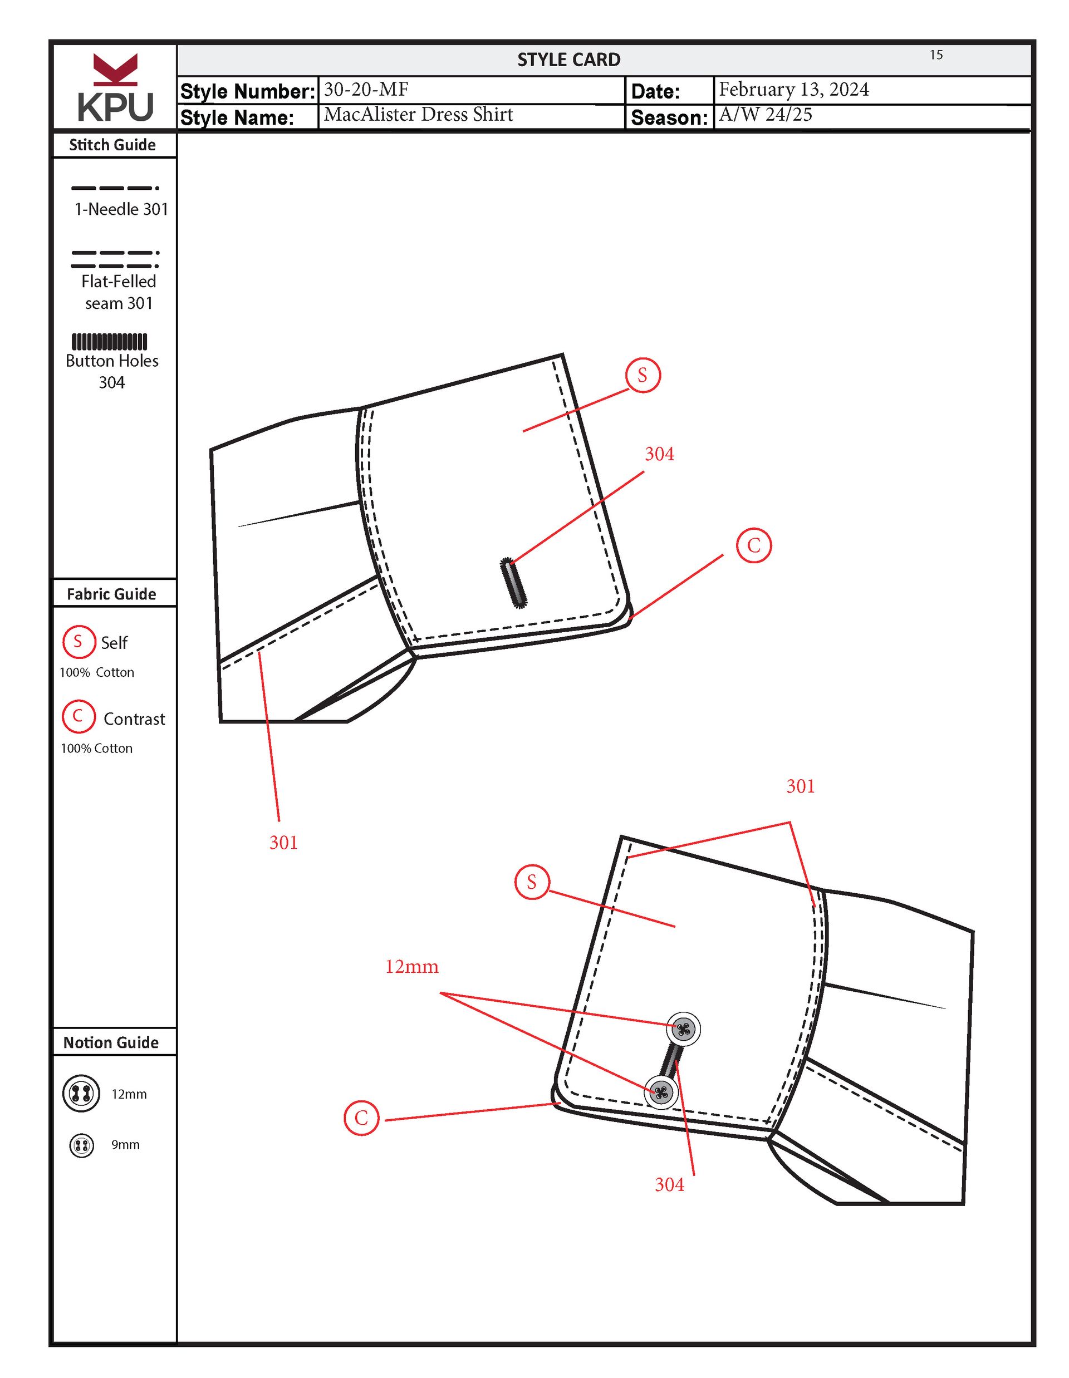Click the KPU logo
click(x=115, y=88)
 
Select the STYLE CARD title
click(x=568, y=60)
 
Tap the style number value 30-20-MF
click(x=366, y=90)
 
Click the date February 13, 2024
click(x=794, y=90)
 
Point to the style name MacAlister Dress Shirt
click(x=418, y=115)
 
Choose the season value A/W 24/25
click(x=766, y=115)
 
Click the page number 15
click(x=936, y=55)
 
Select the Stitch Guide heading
click(x=112, y=145)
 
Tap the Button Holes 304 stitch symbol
click(x=109, y=341)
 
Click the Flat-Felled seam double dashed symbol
click(x=115, y=259)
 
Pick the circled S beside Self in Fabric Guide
click(x=79, y=641)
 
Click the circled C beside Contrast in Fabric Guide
click(x=79, y=716)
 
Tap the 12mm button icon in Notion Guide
click(x=81, y=1094)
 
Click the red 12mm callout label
click(x=412, y=967)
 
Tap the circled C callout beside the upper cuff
click(x=753, y=545)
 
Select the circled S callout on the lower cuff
click(x=532, y=882)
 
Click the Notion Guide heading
click(x=111, y=1042)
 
